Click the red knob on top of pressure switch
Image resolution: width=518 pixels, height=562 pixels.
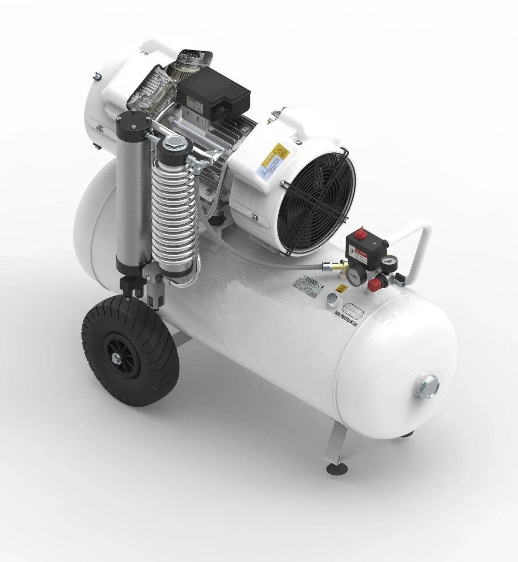(360, 235)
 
